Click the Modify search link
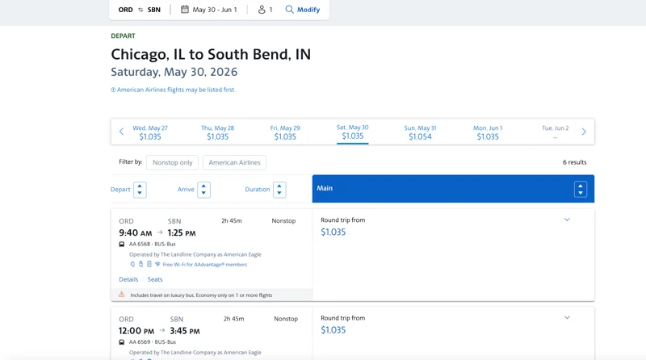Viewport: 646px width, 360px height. click(x=302, y=10)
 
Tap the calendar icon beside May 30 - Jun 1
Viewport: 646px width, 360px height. click(x=185, y=9)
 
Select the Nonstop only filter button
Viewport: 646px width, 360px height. click(x=172, y=162)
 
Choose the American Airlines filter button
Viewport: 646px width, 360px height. click(x=234, y=162)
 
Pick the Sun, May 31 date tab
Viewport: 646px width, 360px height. click(x=420, y=132)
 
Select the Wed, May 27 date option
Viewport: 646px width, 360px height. click(x=150, y=132)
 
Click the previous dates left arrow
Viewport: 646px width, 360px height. click(x=121, y=132)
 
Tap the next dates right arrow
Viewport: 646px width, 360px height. click(x=584, y=132)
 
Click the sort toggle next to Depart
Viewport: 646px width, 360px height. click(x=140, y=190)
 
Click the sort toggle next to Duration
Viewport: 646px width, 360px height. click(x=279, y=190)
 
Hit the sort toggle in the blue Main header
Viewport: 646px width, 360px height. click(x=581, y=189)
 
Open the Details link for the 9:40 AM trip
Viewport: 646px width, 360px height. click(x=128, y=279)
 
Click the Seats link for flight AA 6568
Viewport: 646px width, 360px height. click(x=155, y=279)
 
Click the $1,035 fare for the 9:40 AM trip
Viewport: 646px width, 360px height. click(x=333, y=232)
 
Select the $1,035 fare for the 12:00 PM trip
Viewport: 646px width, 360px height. click(x=333, y=330)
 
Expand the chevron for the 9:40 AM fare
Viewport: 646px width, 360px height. click(x=567, y=220)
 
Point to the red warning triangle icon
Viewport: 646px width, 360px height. click(x=122, y=295)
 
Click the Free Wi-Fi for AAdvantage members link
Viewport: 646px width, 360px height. click(x=205, y=265)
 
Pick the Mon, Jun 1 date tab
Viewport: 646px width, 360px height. click(x=488, y=132)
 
